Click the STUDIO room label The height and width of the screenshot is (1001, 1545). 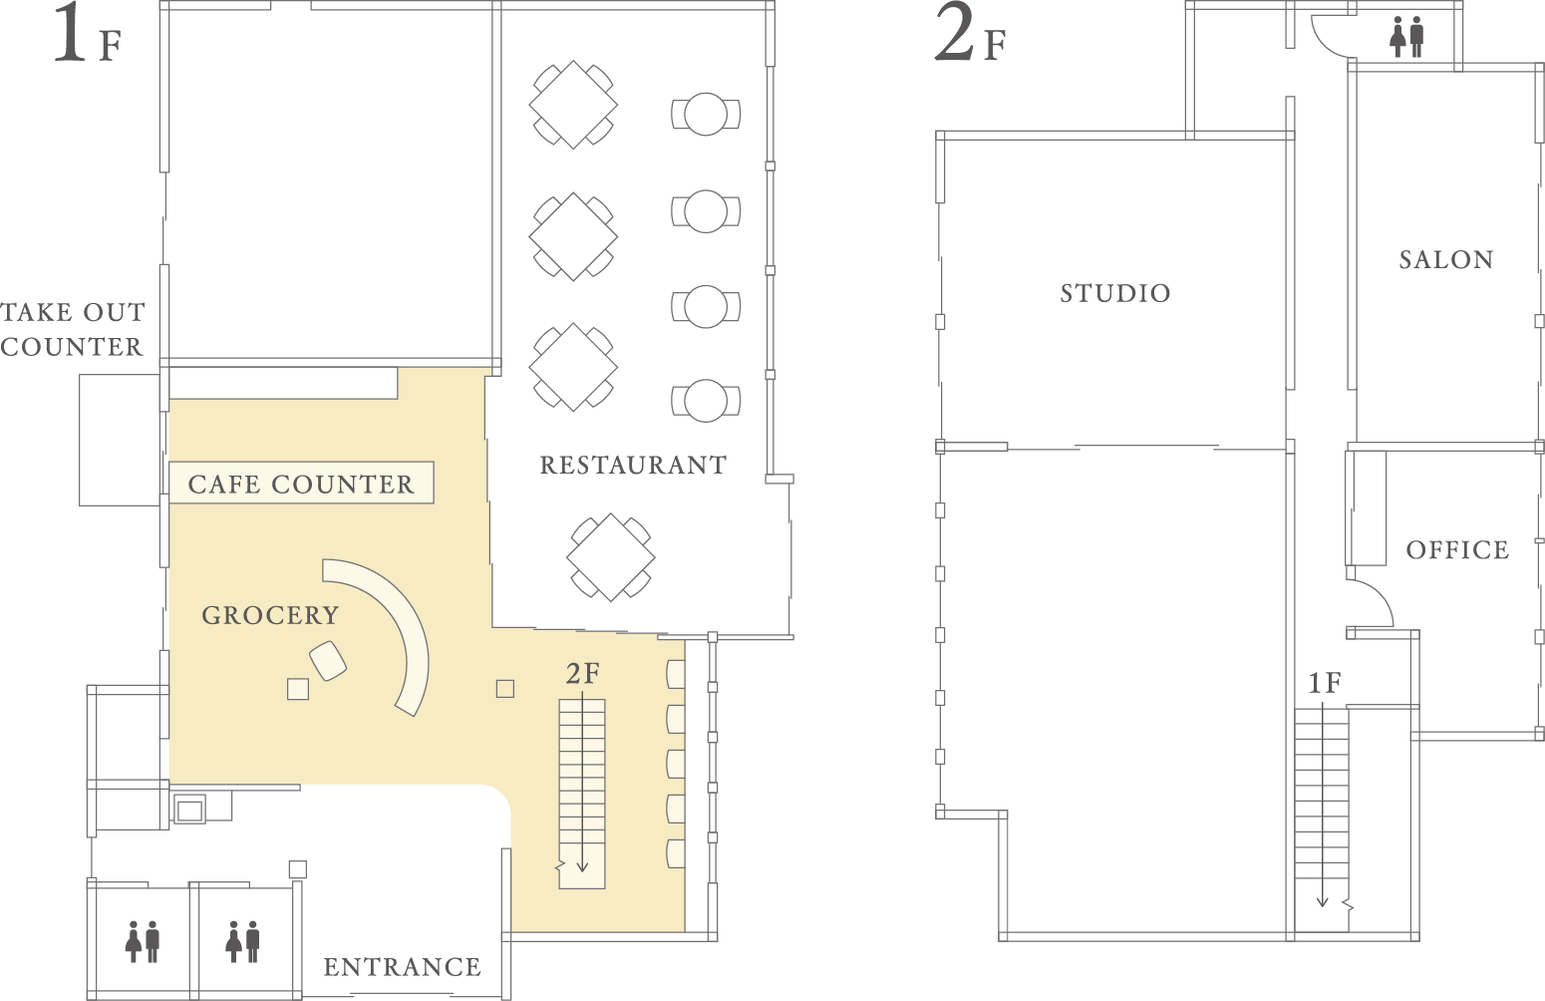(x=1115, y=293)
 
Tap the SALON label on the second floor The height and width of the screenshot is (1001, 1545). (x=1446, y=260)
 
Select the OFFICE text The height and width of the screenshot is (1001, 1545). (x=1458, y=549)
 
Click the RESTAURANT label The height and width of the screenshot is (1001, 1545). (x=633, y=465)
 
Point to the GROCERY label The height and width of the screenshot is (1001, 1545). (x=270, y=615)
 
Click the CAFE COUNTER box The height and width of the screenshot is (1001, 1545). (x=301, y=483)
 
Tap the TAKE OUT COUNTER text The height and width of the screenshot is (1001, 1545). (x=73, y=329)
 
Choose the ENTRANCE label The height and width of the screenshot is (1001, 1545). (x=402, y=967)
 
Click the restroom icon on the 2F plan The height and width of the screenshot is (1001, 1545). (x=1406, y=37)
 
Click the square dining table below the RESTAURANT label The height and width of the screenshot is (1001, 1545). (x=610, y=557)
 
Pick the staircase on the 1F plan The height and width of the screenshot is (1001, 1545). (x=582, y=794)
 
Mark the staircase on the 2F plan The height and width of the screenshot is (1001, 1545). (x=1322, y=820)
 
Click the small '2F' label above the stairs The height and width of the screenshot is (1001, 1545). (x=583, y=673)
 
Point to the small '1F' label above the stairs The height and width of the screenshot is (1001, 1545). (x=1325, y=683)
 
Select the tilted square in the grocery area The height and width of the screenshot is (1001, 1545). (x=328, y=661)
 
